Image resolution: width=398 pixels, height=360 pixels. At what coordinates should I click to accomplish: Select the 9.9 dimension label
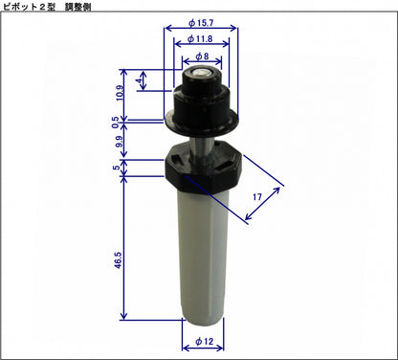click(x=118, y=144)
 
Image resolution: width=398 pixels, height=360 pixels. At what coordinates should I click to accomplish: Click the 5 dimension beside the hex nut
click(x=117, y=168)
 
